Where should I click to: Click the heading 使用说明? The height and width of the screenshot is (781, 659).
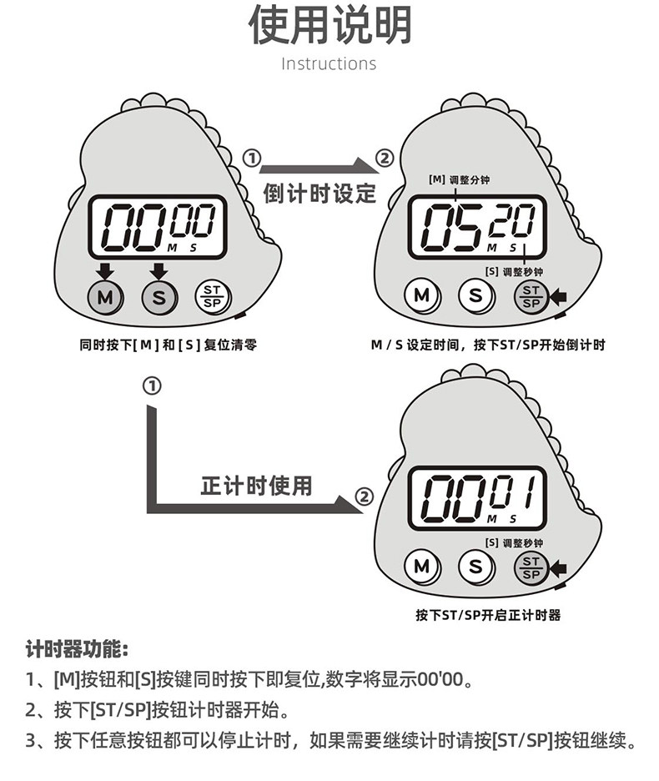click(x=329, y=26)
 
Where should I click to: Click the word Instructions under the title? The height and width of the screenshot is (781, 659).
click(x=329, y=64)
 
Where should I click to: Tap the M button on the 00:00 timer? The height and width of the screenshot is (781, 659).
click(x=105, y=296)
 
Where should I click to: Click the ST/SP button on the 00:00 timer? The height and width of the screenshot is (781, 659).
click(x=213, y=296)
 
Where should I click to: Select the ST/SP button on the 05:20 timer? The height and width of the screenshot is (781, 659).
click(x=531, y=295)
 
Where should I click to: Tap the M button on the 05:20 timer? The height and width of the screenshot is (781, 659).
click(x=422, y=295)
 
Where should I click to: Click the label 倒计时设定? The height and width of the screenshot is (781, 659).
click(x=320, y=194)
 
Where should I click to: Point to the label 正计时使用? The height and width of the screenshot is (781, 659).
click(x=256, y=485)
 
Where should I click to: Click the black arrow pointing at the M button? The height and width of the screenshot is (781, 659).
click(x=104, y=270)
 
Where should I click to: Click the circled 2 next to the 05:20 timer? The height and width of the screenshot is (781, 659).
click(x=383, y=159)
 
